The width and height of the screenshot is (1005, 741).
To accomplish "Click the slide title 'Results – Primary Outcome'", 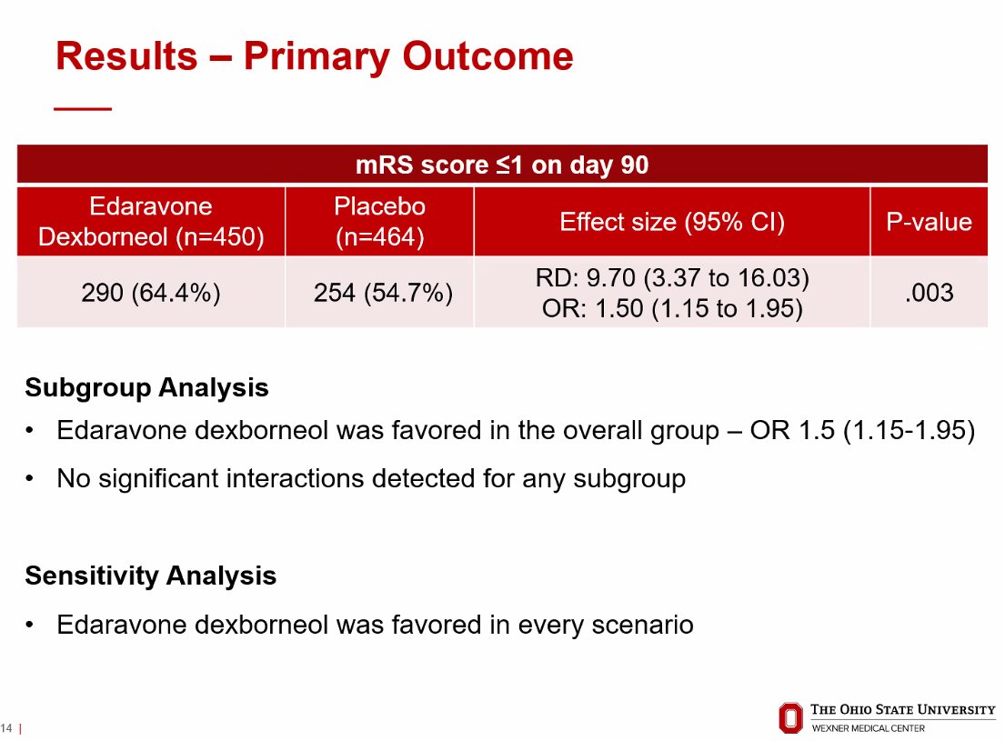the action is (x=314, y=57).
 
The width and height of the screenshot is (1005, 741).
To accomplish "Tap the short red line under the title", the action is (x=83, y=109).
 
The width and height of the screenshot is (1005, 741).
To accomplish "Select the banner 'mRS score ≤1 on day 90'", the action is (x=502, y=165).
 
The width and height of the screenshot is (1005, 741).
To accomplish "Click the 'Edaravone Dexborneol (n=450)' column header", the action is (x=151, y=222).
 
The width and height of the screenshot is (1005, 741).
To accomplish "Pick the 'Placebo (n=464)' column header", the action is (x=379, y=222).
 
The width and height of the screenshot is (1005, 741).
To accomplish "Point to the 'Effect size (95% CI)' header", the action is (x=672, y=222).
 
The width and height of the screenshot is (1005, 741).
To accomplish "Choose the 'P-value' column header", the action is (x=929, y=222).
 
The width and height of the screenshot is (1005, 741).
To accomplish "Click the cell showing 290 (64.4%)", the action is (x=151, y=293).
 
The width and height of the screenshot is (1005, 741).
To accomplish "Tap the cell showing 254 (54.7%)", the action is (x=383, y=293).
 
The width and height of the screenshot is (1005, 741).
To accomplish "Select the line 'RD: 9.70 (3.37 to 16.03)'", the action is (x=672, y=278).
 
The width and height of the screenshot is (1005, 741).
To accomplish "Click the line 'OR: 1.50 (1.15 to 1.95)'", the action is (x=672, y=309).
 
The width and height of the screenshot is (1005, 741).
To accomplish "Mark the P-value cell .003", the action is (x=929, y=293).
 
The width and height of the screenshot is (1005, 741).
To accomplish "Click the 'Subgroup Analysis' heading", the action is (x=146, y=388).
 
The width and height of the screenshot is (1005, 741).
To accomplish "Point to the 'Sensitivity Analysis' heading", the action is (x=151, y=576).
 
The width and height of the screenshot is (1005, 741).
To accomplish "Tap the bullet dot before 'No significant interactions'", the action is (x=29, y=478).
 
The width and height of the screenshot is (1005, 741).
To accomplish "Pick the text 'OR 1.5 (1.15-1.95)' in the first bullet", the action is (x=863, y=430).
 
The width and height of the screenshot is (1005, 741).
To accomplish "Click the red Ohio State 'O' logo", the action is (x=790, y=718).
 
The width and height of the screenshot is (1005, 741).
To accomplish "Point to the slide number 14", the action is (x=6, y=728).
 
